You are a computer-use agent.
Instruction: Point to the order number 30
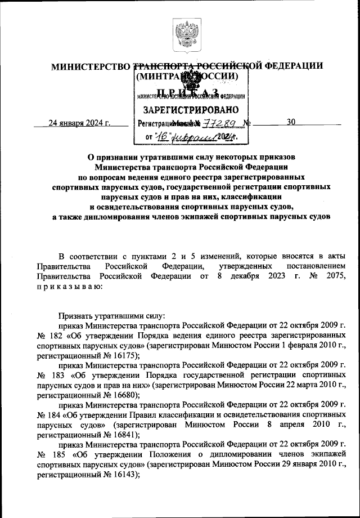point(291,122)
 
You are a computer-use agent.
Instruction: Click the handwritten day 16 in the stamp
point(163,136)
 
